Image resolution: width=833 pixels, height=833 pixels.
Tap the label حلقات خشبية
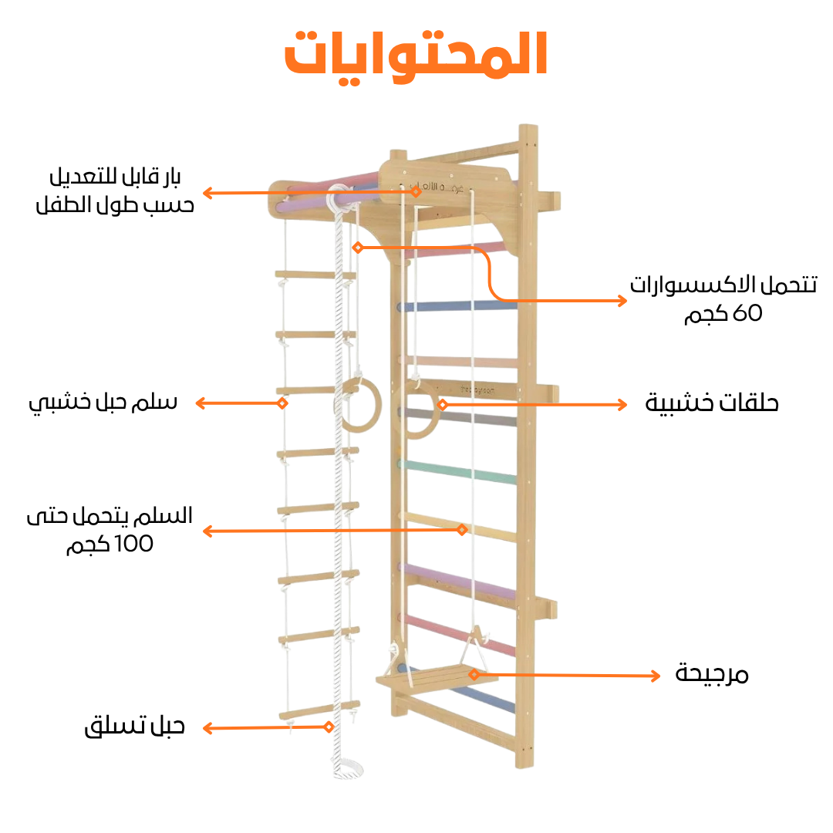click(712, 403)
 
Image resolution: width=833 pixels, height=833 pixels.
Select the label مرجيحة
click(712, 674)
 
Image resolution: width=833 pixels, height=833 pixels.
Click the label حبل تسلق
click(135, 726)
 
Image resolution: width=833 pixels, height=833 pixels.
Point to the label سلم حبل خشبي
click(103, 402)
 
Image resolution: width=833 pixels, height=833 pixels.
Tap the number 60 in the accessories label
click(746, 313)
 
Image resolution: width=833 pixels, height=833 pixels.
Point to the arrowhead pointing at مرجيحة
click(656, 676)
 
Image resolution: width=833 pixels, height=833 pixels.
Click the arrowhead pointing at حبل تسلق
click(207, 727)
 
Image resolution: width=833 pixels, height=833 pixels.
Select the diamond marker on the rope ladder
click(282, 403)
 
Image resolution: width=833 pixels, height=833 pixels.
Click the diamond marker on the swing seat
click(474, 674)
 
